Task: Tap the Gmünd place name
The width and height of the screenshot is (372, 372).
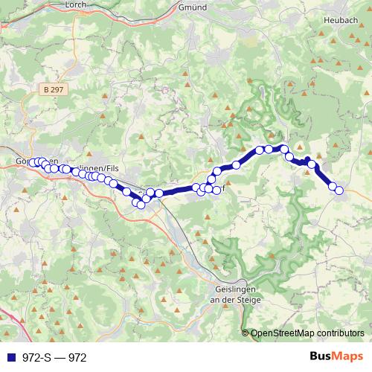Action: point(192,6)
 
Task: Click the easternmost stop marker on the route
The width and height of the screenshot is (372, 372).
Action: point(339,190)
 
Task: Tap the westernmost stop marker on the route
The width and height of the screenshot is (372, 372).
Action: point(32,163)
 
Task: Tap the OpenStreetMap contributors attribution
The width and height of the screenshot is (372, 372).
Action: point(307,333)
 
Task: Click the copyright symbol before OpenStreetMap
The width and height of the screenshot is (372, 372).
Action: point(246,333)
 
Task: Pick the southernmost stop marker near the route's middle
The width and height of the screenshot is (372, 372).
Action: point(141,205)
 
